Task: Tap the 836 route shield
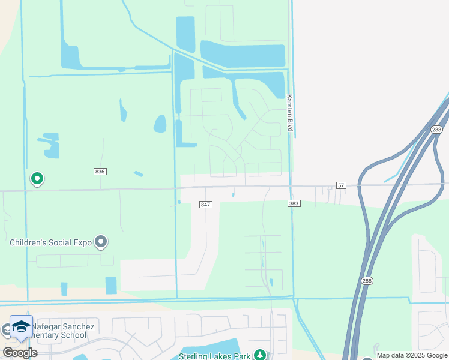pyautogui.click(x=100, y=172)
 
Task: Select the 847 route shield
pyautogui.click(x=206, y=205)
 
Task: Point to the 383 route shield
pyautogui.click(x=294, y=204)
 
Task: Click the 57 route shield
pyautogui.click(x=341, y=185)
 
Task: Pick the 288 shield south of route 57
pyautogui.click(x=367, y=280)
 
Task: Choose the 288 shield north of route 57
pyautogui.click(x=436, y=130)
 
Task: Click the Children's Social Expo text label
pyautogui.click(x=50, y=242)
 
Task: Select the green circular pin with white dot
pyautogui.click(x=37, y=178)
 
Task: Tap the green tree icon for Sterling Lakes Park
pyautogui.click(x=260, y=355)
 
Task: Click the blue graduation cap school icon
pyautogui.click(x=21, y=326)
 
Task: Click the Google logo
pyautogui.click(x=19, y=353)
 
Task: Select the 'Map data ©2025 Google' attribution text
pyautogui.click(x=412, y=355)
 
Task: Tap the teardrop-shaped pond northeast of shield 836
pyautogui.click(x=160, y=124)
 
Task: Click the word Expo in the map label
pyautogui.click(x=82, y=242)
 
